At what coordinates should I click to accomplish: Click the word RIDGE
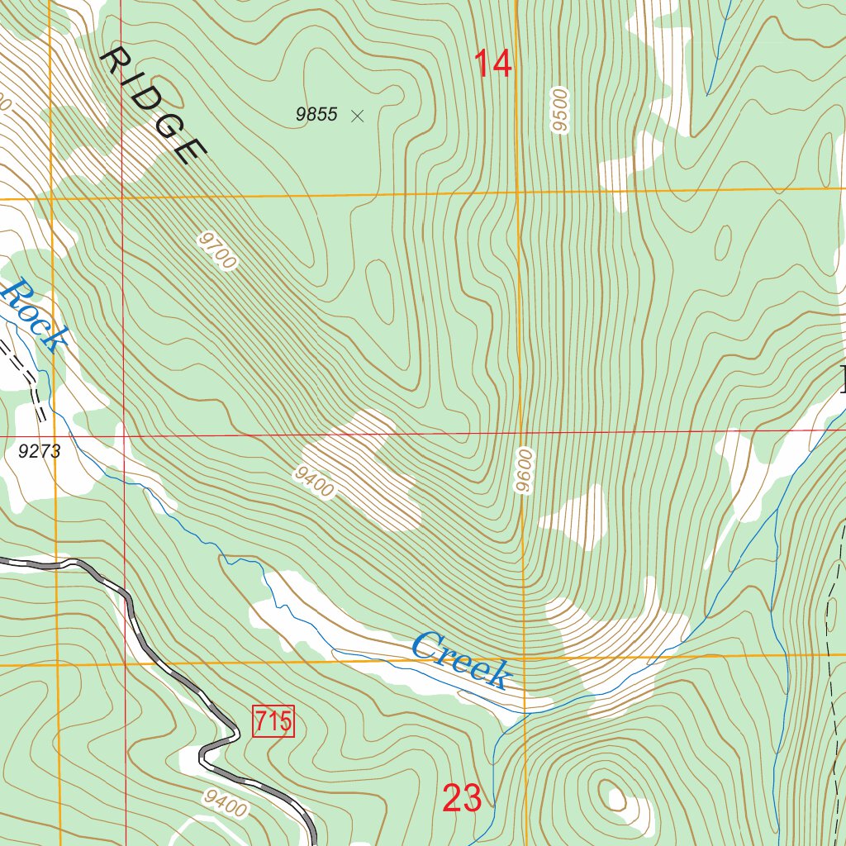154,105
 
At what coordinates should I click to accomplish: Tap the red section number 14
493,64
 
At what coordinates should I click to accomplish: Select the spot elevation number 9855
317,115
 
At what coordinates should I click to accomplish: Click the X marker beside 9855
357,116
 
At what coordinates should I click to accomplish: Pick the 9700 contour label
217,251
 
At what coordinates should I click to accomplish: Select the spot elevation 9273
39,451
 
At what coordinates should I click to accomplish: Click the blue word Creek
461,658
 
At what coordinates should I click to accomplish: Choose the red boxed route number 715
273,721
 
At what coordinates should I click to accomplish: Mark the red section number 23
462,798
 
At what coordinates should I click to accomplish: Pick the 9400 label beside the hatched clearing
313,482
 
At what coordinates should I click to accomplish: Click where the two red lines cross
125,435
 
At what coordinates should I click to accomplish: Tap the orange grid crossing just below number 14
519,192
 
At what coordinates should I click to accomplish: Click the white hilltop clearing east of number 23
617,797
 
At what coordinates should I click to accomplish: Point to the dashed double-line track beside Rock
29,376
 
